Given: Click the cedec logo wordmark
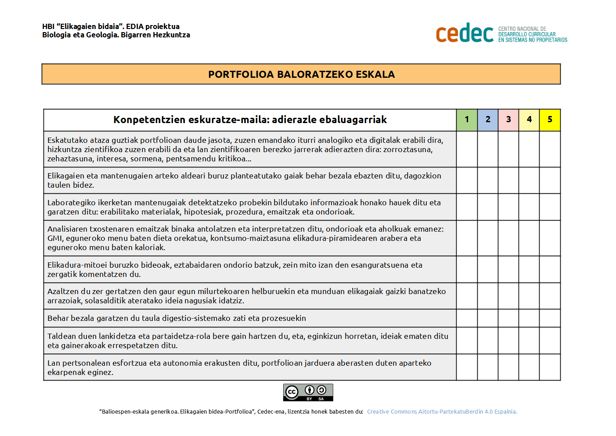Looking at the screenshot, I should [x=465, y=33].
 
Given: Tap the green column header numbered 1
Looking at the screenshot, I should [x=467, y=120].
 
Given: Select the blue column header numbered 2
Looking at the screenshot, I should [x=488, y=120].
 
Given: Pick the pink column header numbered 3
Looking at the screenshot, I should [x=508, y=120].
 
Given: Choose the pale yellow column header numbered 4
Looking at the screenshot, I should [x=529, y=120].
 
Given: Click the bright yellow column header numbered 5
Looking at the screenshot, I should [x=550, y=120].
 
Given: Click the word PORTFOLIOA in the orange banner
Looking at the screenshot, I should [x=241, y=74].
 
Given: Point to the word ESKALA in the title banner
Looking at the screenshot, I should [x=375, y=74].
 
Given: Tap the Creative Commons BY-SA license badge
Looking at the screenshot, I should [x=308, y=392].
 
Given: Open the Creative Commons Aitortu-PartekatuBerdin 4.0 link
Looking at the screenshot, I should [x=442, y=412].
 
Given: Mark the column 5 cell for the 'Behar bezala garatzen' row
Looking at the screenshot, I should [x=550, y=318].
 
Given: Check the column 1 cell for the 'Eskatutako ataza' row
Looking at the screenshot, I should [x=467, y=149].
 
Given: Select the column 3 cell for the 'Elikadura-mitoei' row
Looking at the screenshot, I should [x=508, y=269].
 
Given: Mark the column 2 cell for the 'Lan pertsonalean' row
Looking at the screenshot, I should [x=488, y=367].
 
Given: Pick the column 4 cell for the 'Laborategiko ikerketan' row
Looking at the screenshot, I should [x=529, y=207].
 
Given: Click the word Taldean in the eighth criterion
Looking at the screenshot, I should [x=61, y=336].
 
